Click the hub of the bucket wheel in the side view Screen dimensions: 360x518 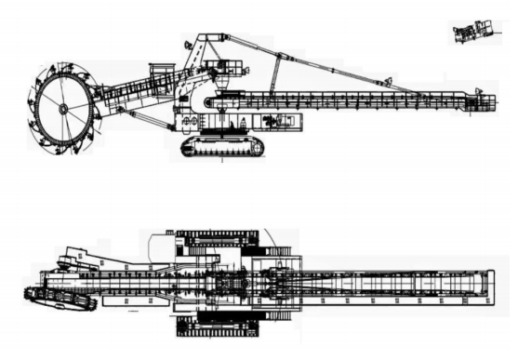(x=63, y=108)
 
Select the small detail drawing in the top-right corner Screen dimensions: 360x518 (x=474, y=33)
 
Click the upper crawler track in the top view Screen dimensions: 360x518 (x=219, y=239)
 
